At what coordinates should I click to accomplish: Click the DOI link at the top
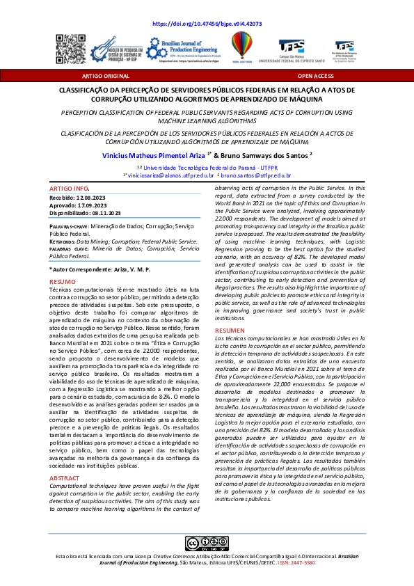click(x=207, y=23)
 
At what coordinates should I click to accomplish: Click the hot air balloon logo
click(x=242, y=47)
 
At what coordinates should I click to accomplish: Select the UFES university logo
click(x=292, y=48)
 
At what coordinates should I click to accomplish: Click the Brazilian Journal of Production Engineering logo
click(x=182, y=48)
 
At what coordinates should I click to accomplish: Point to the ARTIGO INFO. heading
click(x=69, y=189)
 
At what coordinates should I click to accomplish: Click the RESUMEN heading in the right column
click(x=230, y=330)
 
